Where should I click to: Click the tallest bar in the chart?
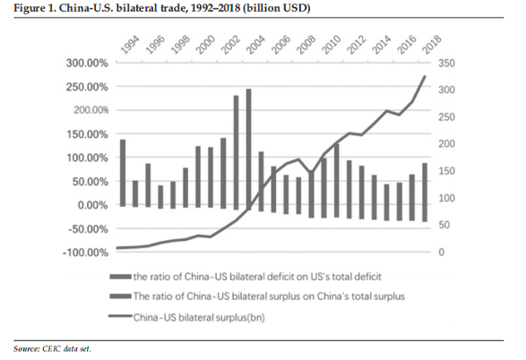pos(248,150)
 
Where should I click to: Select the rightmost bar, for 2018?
pos(425,193)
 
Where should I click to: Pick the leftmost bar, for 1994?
pos(123,173)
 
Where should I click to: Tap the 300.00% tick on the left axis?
pos(87,63)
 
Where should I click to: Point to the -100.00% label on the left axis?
pos(86,253)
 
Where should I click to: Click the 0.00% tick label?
pos(93,205)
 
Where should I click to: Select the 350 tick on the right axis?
pos(446,63)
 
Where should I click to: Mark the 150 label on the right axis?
pos(446,171)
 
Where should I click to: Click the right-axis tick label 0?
pos(442,252)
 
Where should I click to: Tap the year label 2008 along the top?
pos(307,45)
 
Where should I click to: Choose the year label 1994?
pos(130,45)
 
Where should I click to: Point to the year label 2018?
pos(432,45)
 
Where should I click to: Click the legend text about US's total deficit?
pos(257,277)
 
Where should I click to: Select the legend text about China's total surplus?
pos(269,296)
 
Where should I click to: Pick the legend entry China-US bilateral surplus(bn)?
pos(199,317)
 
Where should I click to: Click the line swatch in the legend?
pos(120,316)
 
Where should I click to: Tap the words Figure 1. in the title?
pos(35,8)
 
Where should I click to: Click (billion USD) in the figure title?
pos(276,8)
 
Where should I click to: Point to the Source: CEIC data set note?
pos(52,349)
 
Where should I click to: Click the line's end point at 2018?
pos(425,77)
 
